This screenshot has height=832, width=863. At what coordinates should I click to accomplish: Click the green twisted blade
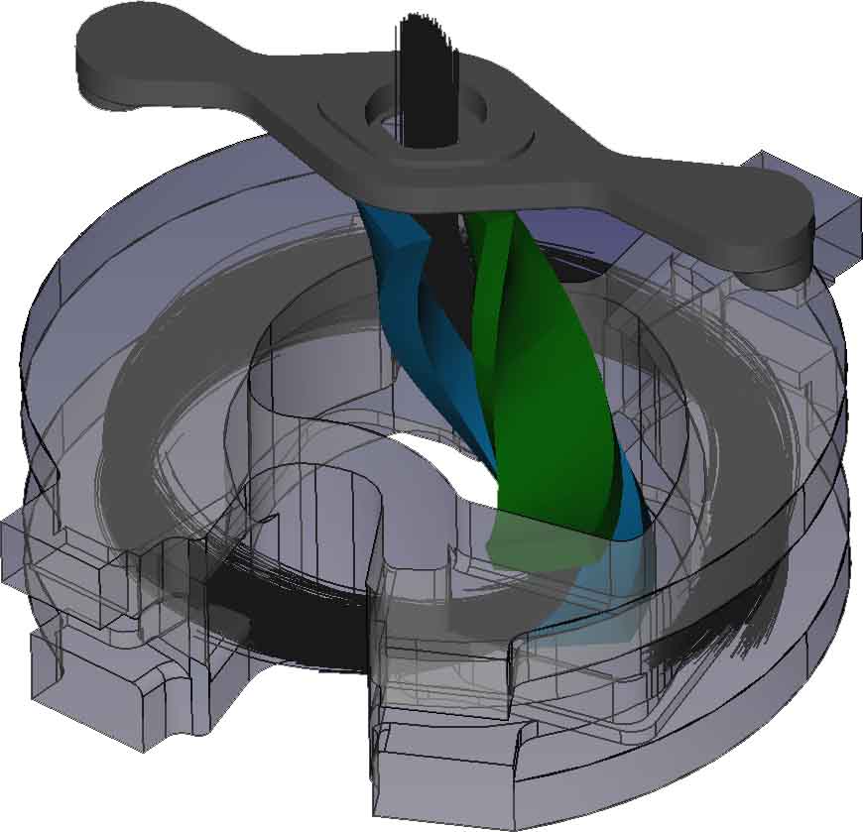pyautogui.click(x=536, y=397)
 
